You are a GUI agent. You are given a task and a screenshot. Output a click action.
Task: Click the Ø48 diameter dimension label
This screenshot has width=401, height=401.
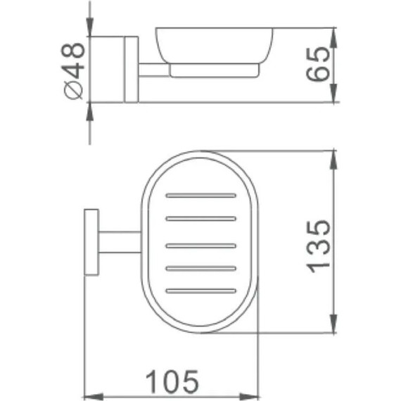click(74, 70)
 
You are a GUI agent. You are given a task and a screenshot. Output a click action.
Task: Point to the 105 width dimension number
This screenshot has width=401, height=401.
click(172, 382)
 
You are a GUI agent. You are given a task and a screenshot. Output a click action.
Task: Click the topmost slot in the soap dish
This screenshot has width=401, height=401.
click(200, 194)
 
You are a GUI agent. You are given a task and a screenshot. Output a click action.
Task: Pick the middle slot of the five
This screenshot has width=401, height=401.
click(200, 245)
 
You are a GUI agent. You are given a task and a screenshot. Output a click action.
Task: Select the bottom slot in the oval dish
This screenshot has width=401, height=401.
click(200, 290)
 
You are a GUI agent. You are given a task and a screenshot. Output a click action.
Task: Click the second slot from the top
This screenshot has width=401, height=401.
click(200, 219)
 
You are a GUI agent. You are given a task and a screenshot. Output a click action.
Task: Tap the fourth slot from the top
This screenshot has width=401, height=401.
click(200, 267)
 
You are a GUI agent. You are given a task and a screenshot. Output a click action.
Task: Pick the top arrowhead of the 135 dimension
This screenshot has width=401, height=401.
click(332, 156)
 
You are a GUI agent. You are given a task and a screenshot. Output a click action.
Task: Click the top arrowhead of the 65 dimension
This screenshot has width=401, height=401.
click(332, 34)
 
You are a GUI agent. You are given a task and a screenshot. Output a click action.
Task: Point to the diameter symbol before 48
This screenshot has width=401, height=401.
click(74, 91)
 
